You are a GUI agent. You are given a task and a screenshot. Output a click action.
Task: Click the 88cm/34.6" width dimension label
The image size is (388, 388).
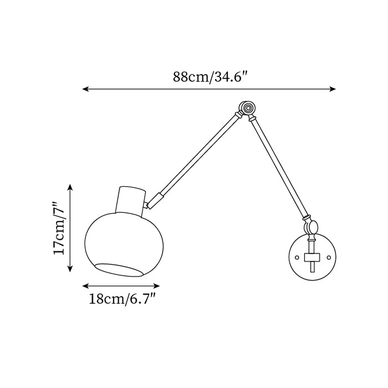tap(210, 77)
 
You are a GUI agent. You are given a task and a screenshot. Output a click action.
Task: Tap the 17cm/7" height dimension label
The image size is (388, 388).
tap(59, 228)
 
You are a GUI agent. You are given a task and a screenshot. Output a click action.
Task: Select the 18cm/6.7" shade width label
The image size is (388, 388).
tap(122, 299)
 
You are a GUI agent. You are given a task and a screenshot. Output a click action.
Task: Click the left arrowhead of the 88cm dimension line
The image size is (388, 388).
tap(85, 89)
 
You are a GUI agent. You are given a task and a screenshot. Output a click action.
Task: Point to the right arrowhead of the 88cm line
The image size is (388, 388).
tap(333, 89)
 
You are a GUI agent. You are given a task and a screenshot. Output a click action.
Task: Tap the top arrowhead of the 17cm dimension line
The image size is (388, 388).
tap(70, 187)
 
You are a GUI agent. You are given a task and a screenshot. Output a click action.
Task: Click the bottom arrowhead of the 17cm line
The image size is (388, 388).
tap(70, 268)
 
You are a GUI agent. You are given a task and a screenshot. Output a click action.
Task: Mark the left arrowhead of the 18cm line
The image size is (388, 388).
tap(85, 286)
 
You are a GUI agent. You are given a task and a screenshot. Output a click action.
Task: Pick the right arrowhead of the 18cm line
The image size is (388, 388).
tap(156, 286)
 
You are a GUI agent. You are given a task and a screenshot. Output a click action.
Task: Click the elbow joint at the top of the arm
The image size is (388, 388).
tap(247, 108)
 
